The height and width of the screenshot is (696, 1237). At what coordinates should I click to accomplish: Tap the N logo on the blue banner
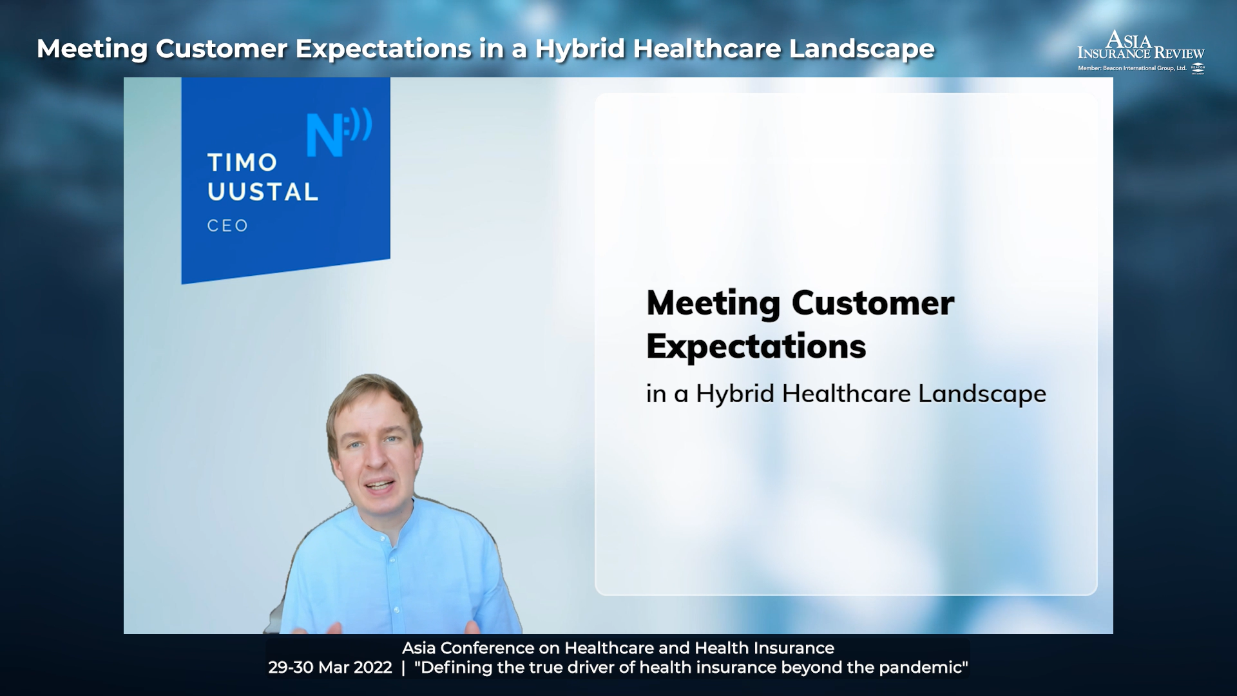click(x=339, y=133)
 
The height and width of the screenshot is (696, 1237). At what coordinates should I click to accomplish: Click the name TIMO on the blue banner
click(x=242, y=162)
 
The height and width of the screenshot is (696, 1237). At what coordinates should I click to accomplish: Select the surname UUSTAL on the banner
click(x=263, y=191)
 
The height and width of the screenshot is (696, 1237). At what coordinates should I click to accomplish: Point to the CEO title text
click(x=227, y=226)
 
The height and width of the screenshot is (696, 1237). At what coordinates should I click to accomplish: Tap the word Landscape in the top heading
click(x=861, y=49)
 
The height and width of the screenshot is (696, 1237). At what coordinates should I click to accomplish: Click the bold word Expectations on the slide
click(x=756, y=347)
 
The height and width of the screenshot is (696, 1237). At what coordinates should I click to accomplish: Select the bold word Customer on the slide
click(x=872, y=303)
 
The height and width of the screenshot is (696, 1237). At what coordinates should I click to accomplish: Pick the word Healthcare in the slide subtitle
click(x=847, y=394)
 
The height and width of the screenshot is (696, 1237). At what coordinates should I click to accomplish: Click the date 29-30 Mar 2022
click(x=330, y=668)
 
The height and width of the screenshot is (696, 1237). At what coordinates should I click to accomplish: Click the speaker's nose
click(x=374, y=461)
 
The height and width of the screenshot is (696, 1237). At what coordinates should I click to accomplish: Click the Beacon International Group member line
click(x=1132, y=68)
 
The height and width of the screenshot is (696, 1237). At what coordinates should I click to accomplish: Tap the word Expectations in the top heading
click(x=383, y=49)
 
